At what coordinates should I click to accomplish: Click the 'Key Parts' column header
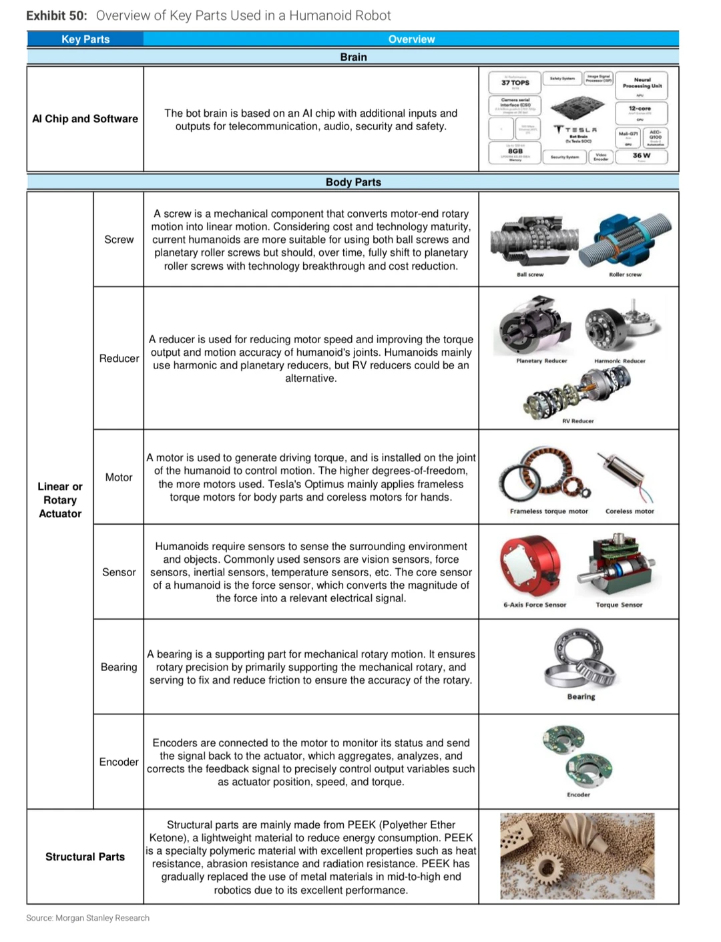85,39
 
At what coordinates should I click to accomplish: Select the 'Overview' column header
411,39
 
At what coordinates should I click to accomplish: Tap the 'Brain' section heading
353,57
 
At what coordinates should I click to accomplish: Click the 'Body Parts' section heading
353,182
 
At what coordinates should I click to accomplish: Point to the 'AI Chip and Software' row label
85,119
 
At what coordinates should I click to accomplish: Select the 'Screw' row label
119,240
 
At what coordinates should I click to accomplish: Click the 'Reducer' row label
119,359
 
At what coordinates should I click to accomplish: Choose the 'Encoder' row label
119,762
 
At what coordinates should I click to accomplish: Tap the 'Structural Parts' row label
85,857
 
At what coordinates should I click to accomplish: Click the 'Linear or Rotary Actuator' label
60,500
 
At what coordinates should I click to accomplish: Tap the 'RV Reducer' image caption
578,421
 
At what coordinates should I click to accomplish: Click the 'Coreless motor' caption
630,511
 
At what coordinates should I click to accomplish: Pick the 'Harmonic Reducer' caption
620,361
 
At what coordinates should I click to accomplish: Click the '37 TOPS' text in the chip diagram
515,83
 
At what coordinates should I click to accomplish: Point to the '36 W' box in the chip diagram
641,156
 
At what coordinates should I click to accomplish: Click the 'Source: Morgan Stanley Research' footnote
88,918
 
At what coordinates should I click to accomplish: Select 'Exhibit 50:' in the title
57,15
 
